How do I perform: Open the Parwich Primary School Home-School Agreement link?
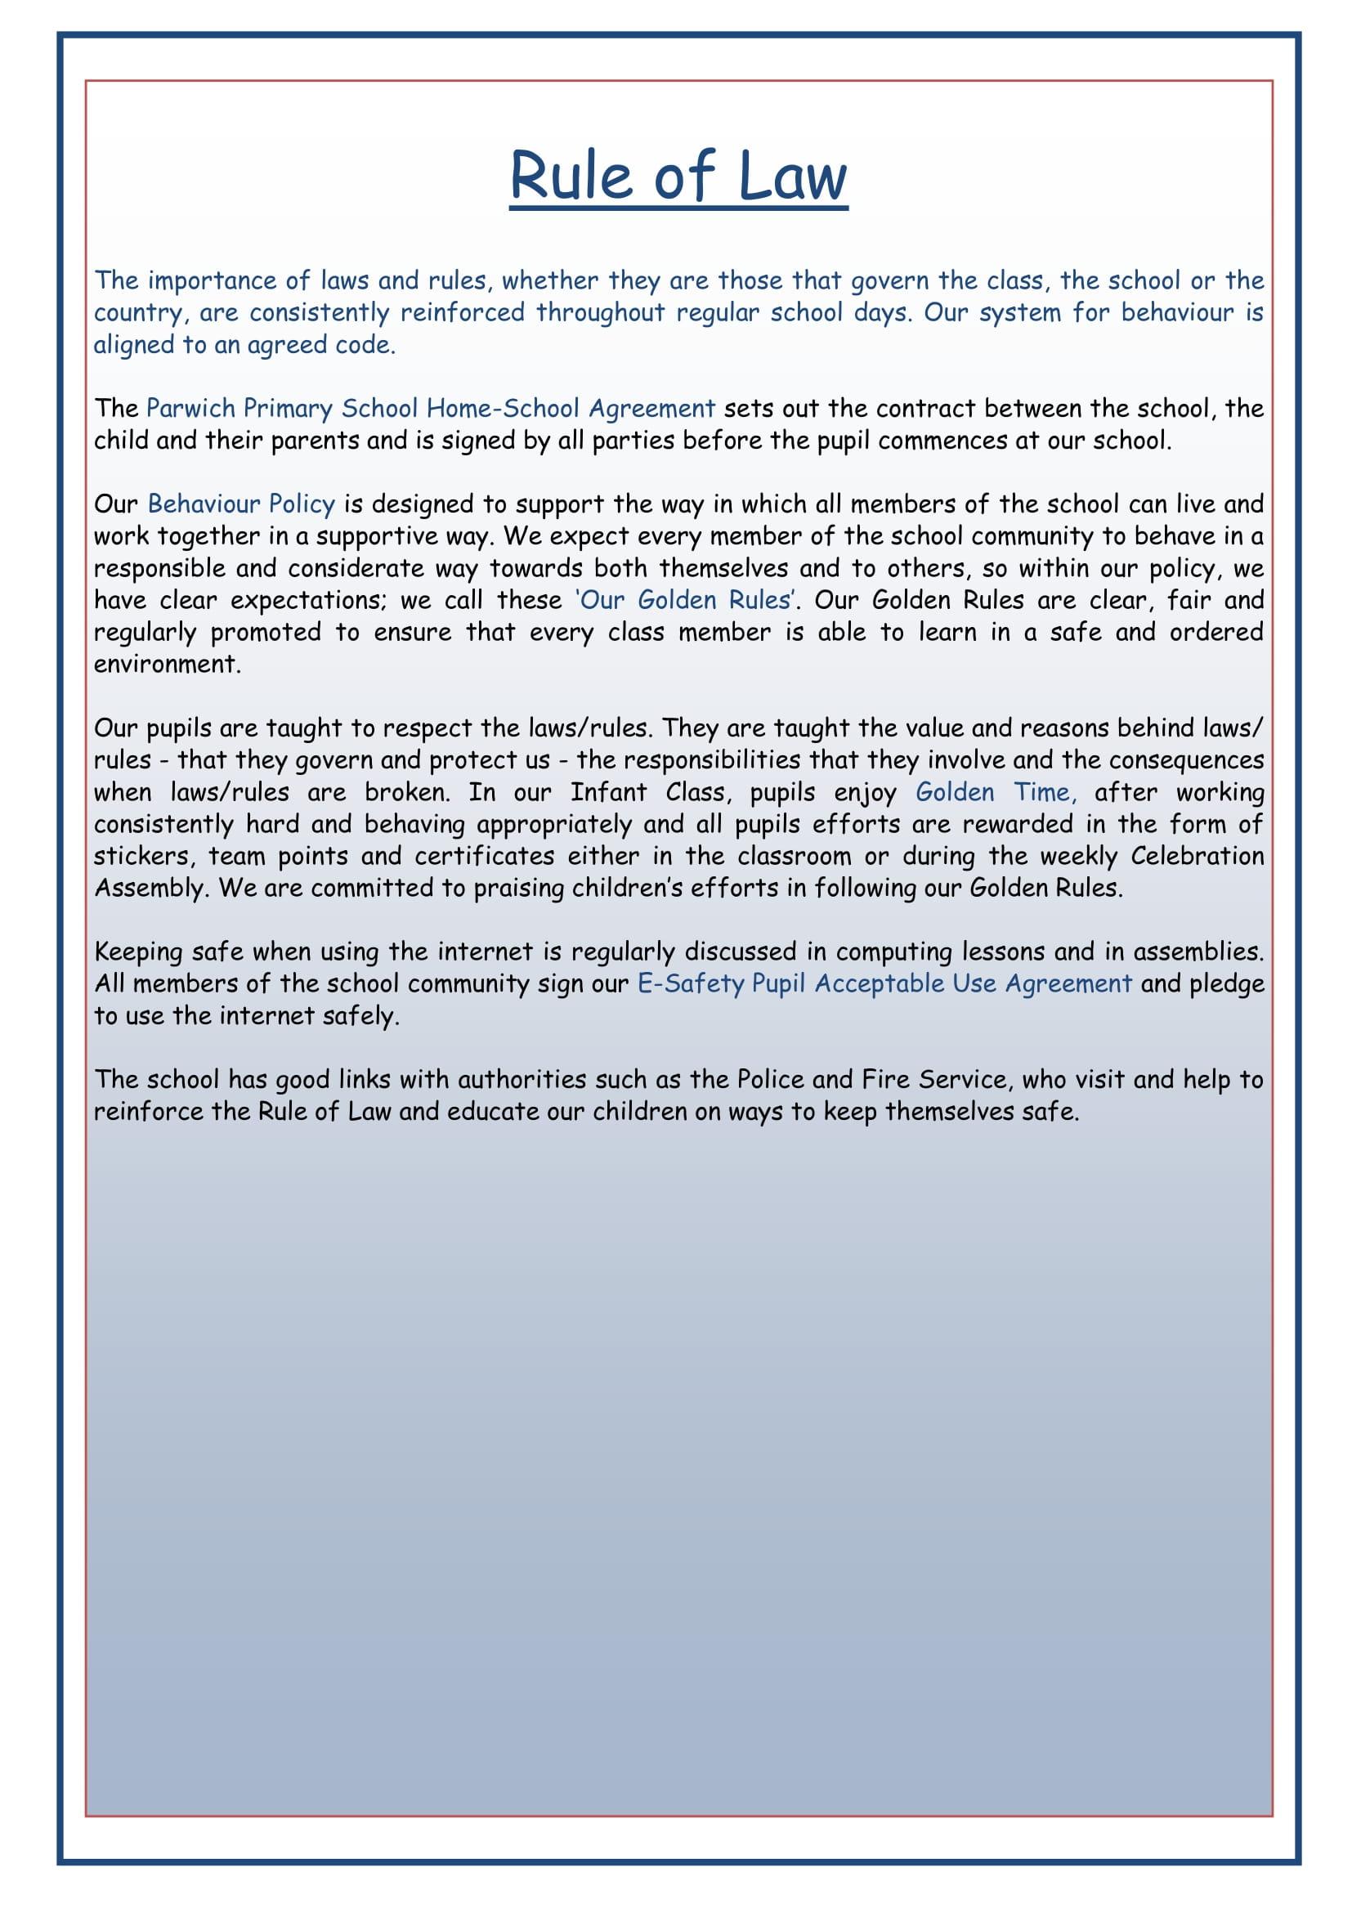pyautogui.click(x=431, y=408)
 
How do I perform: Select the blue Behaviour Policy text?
pyautogui.click(x=241, y=504)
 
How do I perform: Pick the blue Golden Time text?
pyautogui.click(x=996, y=792)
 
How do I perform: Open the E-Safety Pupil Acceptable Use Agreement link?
pyautogui.click(x=884, y=983)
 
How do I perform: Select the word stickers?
pyautogui.click(x=141, y=856)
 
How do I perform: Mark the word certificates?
pyautogui.click(x=485, y=856)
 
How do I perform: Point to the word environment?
pyautogui.click(x=167, y=665)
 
